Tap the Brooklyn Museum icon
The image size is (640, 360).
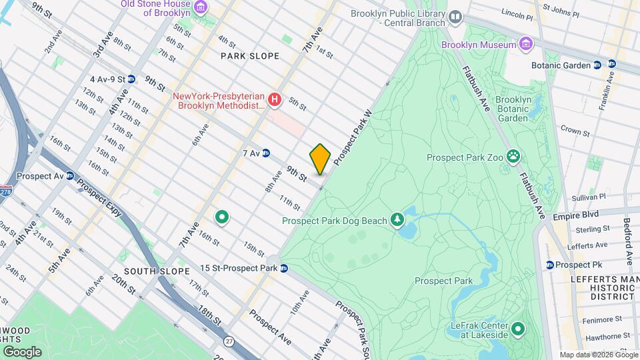coord(527,45)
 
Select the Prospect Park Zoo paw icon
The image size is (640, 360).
coord(513,157)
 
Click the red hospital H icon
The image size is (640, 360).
coord(273,100)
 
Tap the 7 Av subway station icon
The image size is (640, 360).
coord(266,153)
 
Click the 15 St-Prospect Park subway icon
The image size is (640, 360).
coord(284,269)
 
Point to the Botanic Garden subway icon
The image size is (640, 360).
coord(597,65)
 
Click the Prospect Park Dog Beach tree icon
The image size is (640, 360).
coord(397,220)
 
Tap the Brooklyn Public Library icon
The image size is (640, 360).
coord(455,16)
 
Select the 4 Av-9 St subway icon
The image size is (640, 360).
coord(131,79)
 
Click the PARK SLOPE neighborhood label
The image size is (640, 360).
coord(250,56)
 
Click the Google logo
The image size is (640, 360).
coord(22,351)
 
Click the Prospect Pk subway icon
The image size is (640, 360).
coord(549,265)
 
